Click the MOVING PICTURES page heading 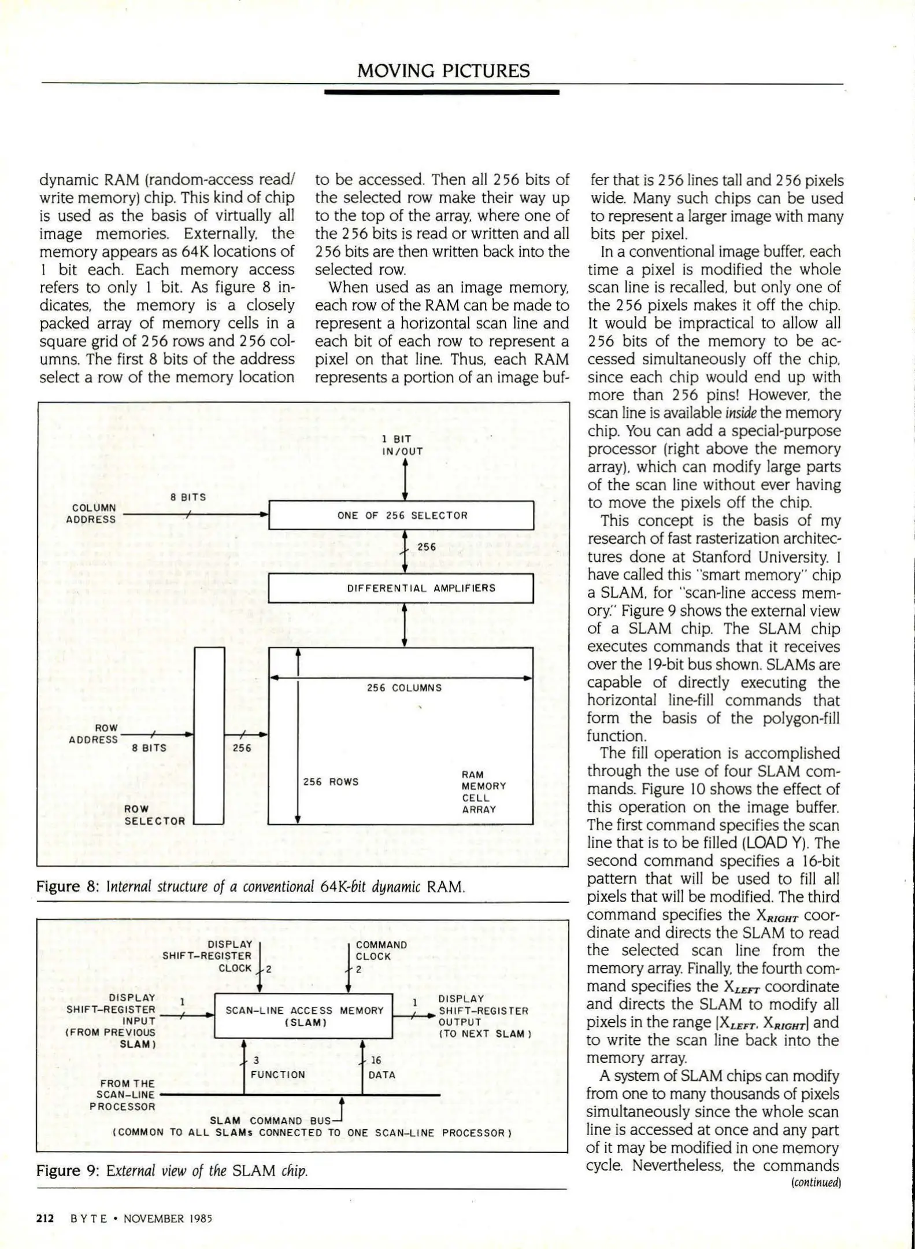(443, 71)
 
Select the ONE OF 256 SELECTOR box (401, 515)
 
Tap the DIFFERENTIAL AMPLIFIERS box (401, 588)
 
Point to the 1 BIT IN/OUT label (402, 445)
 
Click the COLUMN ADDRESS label (91, 513)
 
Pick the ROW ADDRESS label (94, 734)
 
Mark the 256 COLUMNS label (404, 688)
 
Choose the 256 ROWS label (331, 782)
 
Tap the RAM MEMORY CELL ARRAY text (483, 792)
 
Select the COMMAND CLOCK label (381, 956)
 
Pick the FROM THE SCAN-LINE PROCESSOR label (122, 1095)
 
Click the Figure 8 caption (250, 886)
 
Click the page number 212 (45, 1218)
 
